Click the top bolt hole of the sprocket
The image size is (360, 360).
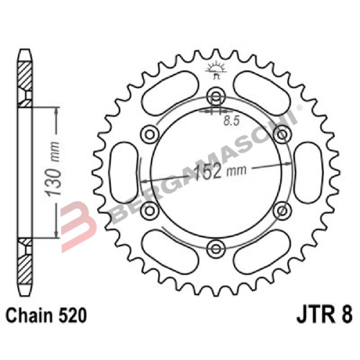pyautogui.click(x=215, y=97)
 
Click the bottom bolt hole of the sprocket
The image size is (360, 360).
pyautogui.click(x=215, y=248)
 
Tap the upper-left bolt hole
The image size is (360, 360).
pyautogui.click(x=150, y=135)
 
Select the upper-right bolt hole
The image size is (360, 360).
pyautogui.click(x=281, y=135)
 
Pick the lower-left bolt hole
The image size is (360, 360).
pyautogui.click(x=150, y=210)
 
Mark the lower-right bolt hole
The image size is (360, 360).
pyautogui.click(x=281, y=210)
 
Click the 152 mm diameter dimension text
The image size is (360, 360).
pyautogui.click(x=216, y=173)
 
